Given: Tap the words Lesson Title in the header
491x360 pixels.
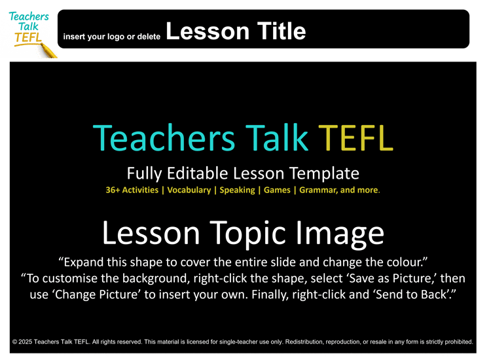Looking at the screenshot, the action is tap(236, 31).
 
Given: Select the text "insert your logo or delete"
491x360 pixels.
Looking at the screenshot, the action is tap(112, 37).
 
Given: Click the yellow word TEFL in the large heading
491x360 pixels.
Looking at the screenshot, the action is tap(355, 138).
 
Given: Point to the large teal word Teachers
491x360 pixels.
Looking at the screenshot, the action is tap(164, 138).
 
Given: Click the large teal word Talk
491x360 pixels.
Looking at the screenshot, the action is tap(277, 138).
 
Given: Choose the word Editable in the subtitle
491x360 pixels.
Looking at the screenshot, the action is tap(198, 173).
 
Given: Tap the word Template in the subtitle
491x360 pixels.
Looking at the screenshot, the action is tap(324, 173).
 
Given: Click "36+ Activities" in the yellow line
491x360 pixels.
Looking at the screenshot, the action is tap(132, 190).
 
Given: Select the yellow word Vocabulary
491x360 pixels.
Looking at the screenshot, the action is tap(189, 190).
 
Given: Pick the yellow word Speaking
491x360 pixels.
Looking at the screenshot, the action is tap(238, 190).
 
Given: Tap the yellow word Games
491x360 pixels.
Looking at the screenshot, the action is tap(277, 190).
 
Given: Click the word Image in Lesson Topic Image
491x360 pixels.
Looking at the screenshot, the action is tap(340, 234).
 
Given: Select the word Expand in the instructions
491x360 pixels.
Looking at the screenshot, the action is tap(84, 262).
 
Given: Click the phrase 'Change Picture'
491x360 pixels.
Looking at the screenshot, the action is tap(96, 295).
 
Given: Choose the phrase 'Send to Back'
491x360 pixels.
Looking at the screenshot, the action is tap(412, 295).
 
